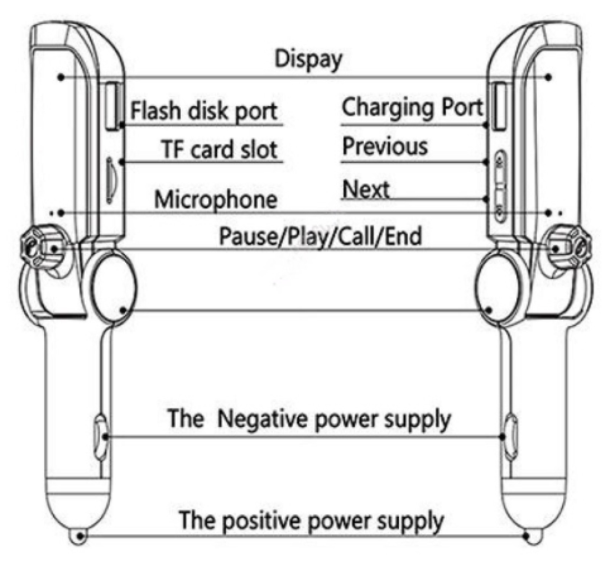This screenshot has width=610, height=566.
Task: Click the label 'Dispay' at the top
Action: [x=308, y=60]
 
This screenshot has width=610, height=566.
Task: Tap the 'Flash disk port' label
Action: [x=204, y=111]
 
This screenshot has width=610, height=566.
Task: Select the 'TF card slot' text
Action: [x=219, y=149]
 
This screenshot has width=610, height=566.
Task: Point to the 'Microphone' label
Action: [x=215, y=199]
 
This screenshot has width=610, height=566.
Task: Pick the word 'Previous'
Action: [x=385, y=146]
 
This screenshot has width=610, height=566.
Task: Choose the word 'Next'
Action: [x=366, y=189]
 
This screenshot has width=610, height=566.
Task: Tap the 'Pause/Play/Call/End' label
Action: [x=321, y=236]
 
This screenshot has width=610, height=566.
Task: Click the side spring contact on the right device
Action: [x=510, y=437]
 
